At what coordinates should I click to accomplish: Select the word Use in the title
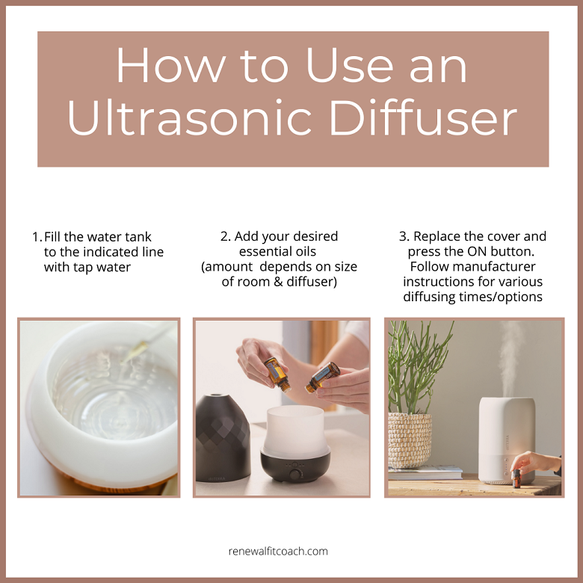[x=339, y=66]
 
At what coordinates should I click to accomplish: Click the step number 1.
[x=35, y=237]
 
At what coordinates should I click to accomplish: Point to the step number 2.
[x=225, y=237]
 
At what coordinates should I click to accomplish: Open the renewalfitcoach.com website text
[x=278, y=552]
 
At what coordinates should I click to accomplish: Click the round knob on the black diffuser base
[x=294, y=474]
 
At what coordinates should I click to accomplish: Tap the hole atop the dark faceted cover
[x=217, y=396]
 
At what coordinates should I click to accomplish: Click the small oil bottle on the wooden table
[x=516, y=478]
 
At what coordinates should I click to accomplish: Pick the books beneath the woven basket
[x=416, y=472]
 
